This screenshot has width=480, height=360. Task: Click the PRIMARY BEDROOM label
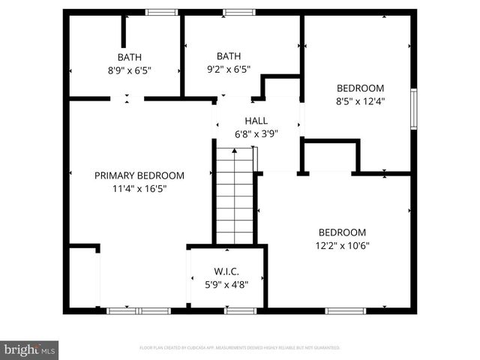(x=139, y=175)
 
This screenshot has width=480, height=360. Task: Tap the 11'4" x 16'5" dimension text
(x=139, y=189)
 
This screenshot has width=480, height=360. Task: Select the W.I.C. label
(x=226, y=271)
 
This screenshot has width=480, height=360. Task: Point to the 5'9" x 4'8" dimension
(x=226, y=284)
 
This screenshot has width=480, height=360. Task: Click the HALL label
(x=256, y=121)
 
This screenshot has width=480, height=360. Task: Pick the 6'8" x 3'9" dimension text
(x=256, y=134)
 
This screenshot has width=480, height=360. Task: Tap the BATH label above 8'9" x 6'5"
(x=129, y=57)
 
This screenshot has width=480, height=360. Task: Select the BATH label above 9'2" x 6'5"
(x=229, y=56)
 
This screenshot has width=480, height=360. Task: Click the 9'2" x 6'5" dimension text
(x=229, y=70)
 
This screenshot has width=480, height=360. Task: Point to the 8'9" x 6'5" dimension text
(x=129, y=70)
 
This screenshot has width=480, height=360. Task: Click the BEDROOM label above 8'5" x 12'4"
(x=360, y=88)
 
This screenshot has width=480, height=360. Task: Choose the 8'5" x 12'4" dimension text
(x=360, y=101)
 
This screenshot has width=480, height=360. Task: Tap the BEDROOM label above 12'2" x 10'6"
(x=342, y=232)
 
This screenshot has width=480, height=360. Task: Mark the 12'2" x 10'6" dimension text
(x=342, y=246)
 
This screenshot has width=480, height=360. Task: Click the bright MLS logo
(x=30, y=350)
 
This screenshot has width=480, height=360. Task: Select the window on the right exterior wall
(x=413, y=109)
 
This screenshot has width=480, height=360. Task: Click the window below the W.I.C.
(x=241, y=310)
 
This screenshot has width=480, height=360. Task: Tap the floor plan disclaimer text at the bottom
(x=240, y=348)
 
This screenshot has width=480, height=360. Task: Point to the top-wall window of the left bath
(x=161, y=12)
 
